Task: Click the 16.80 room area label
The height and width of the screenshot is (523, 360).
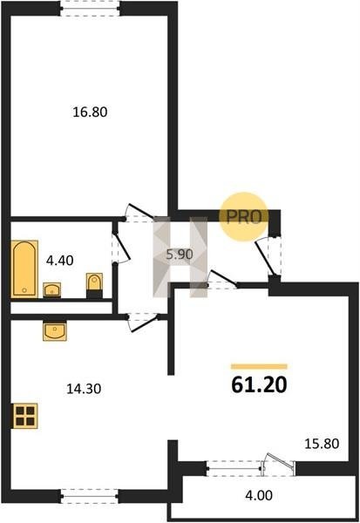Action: (90, 112)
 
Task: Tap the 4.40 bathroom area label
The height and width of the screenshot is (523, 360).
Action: (60, 261)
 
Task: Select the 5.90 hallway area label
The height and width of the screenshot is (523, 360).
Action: (180, 255)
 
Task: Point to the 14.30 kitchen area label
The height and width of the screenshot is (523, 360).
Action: (84, 389)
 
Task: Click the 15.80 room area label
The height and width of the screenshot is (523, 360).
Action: (322, 444)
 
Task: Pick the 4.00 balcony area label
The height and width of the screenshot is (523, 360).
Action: (259, 495)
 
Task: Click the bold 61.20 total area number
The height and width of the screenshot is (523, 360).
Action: (259, 385)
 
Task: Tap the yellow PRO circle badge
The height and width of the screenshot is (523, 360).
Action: (243, 217)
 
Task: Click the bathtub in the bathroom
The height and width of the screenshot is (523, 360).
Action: (24, 268)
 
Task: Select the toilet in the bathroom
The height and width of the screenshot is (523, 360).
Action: (94, 286)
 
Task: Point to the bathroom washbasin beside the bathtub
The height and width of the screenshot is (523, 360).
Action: (51, 289)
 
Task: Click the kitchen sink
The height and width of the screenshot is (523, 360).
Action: (55, 331)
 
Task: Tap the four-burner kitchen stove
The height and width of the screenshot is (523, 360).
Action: (25, 416)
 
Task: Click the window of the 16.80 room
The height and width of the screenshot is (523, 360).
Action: (90, 9)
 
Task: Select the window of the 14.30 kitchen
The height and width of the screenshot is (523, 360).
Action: (90, 497)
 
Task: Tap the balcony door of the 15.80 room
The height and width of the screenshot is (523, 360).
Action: (279, 465)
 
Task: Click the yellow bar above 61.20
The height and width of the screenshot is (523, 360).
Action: (259, 367)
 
